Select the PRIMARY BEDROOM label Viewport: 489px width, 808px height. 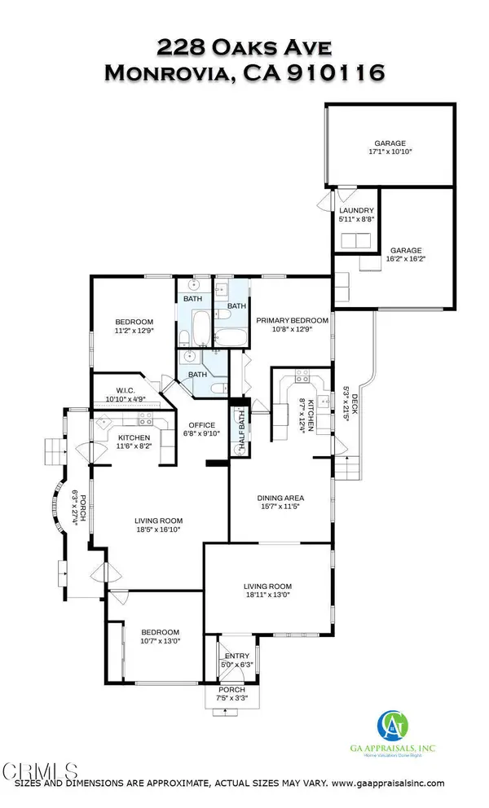click(293, 320)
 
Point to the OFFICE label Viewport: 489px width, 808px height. click(202, 425)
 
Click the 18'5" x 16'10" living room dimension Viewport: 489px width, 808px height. click(159, 529)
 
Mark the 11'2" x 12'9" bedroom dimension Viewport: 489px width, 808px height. click(131, 332)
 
